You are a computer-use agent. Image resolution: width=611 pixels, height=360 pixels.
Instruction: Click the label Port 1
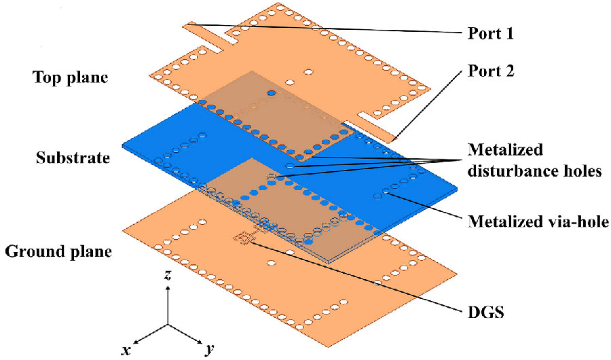pyautogui.click(x=492, y=32)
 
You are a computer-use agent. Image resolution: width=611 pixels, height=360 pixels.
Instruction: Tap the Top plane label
pyautogui.click(x=70, y=76)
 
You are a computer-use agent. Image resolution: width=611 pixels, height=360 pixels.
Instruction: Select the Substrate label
pyautogui.click(x=72, y=158)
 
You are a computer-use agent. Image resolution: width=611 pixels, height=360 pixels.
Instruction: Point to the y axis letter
pyautogui.click(x=210, y=349)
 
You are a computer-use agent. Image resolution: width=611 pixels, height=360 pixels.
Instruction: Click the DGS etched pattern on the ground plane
pyautogui.click(x=244, y=237)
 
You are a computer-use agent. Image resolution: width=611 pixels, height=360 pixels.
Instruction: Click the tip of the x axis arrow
pyautogui.click(x=134, y=342)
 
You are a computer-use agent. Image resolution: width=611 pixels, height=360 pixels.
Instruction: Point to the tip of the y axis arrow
pyautogui.click(x=202, y=341)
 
